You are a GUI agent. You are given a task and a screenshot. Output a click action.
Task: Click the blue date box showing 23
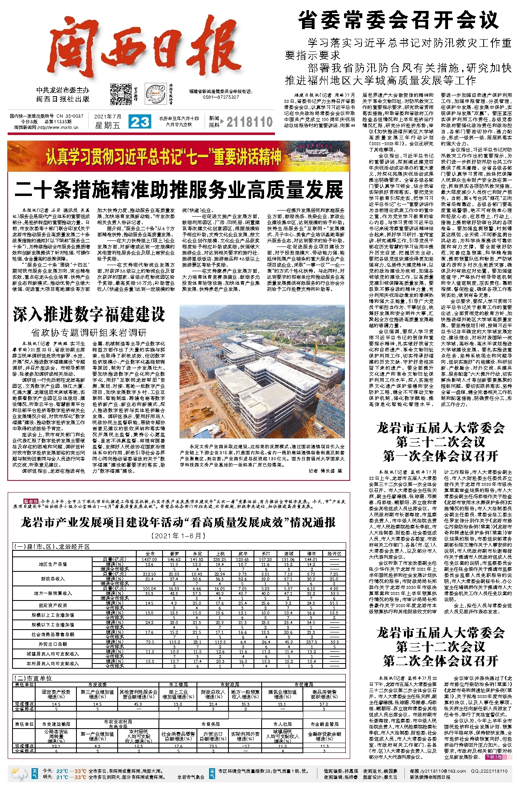140,122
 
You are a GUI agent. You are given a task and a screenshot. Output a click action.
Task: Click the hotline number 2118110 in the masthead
249,122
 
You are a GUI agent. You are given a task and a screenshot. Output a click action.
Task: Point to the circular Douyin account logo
153,93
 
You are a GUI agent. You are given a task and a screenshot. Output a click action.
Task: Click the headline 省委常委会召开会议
398,20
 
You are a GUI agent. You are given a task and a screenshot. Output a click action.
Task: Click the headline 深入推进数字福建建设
89,314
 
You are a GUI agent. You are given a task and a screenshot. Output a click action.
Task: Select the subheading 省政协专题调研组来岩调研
89,333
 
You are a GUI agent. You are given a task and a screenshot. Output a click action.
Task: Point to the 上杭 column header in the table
220,554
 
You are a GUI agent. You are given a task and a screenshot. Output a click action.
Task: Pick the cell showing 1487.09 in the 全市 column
149,559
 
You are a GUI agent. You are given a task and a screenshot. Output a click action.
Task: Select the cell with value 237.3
311,642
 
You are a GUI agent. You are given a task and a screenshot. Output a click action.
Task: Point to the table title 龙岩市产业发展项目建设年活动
178,522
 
